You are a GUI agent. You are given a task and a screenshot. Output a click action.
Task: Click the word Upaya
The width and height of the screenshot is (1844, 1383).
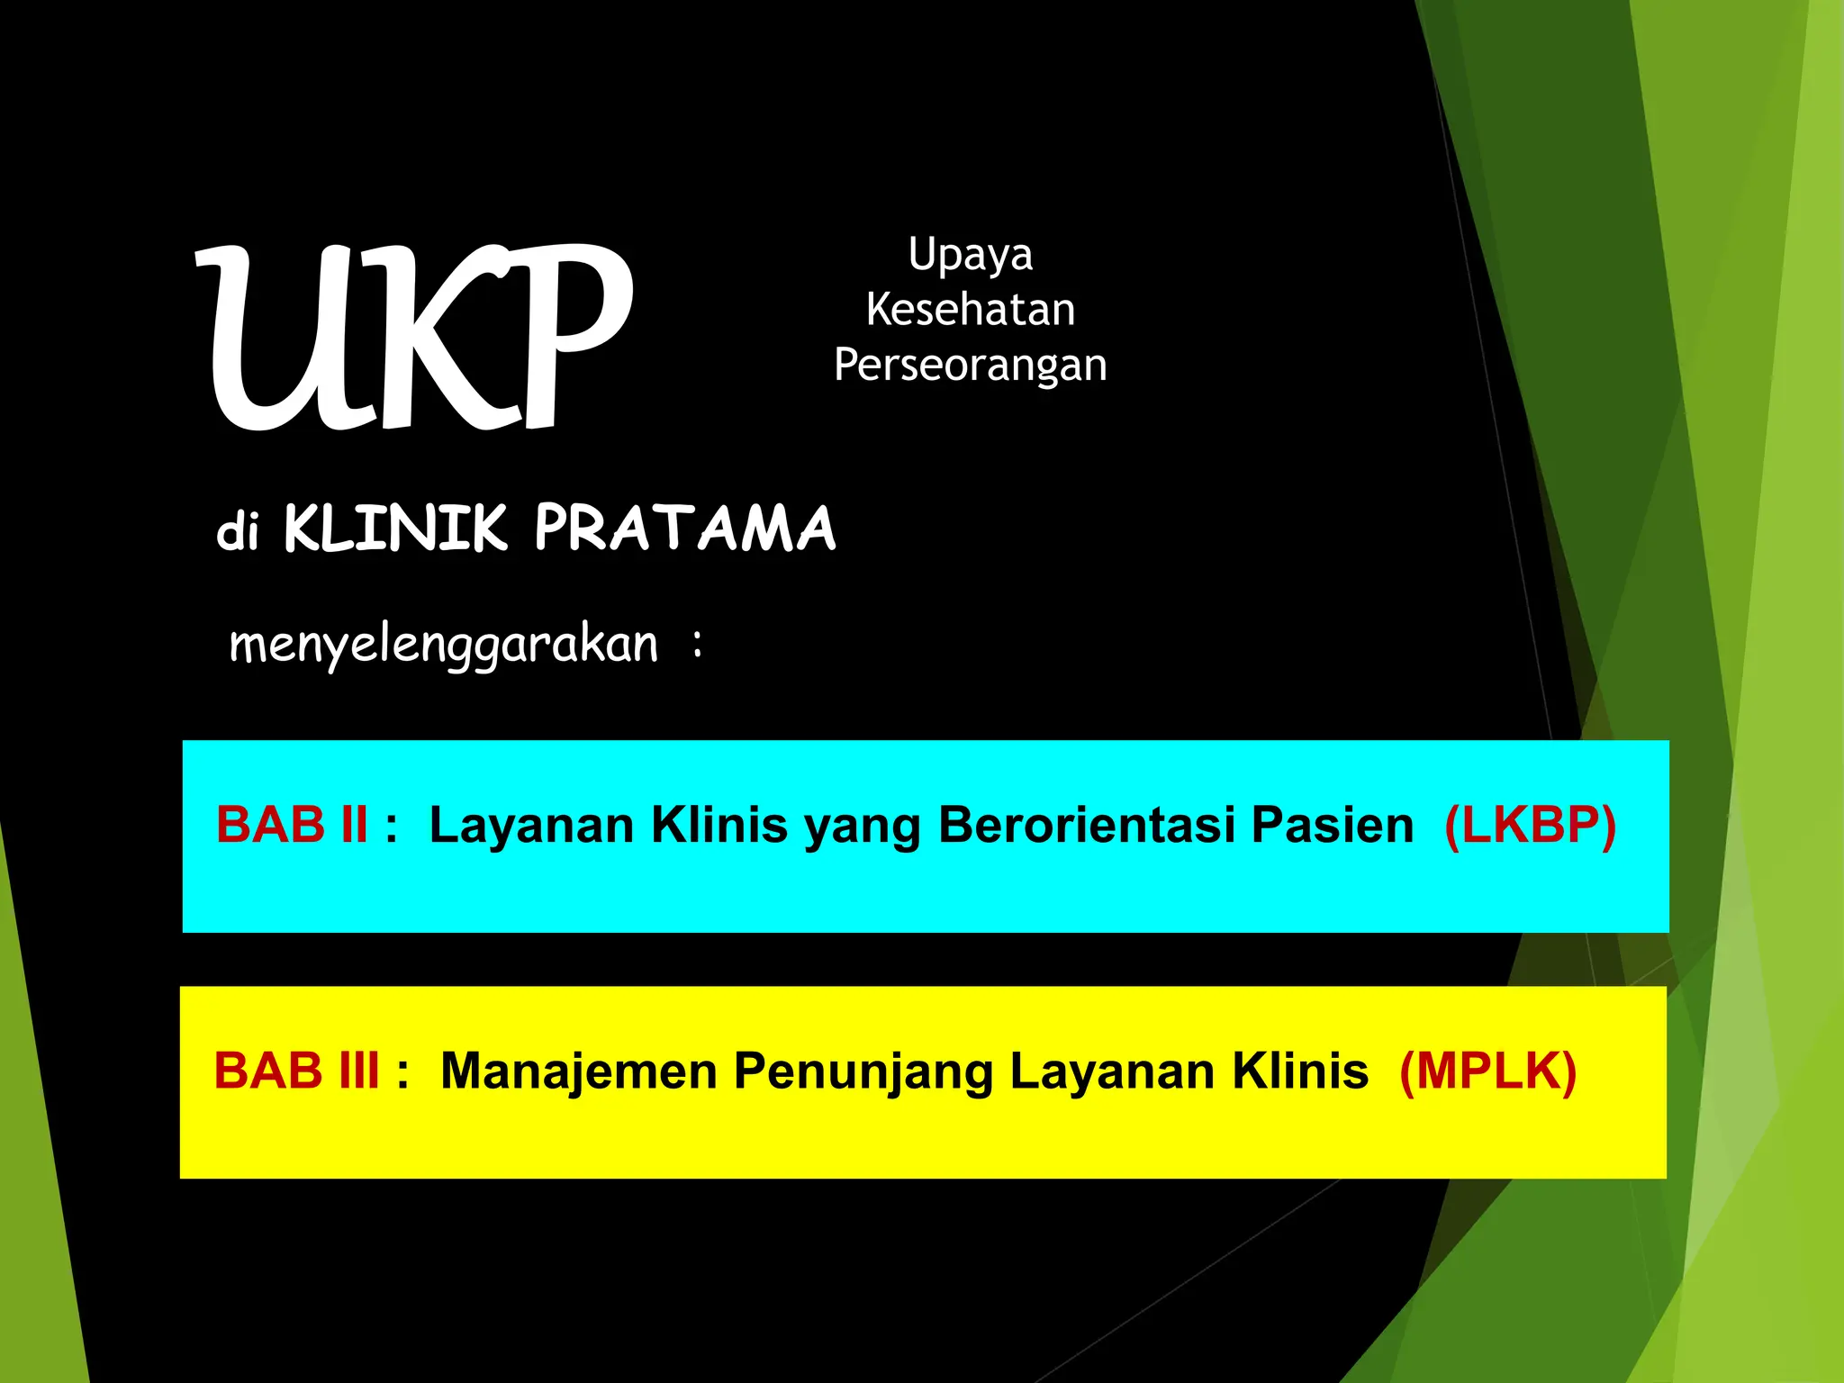[970, 256]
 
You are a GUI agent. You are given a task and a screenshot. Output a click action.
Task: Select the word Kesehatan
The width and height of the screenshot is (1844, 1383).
[970, 310]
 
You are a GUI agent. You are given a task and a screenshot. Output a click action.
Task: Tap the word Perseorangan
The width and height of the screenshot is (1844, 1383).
[970, 366]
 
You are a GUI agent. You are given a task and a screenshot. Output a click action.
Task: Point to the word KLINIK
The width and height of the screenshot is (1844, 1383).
[396, 529]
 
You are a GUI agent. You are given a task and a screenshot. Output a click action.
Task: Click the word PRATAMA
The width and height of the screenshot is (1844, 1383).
[684, 529]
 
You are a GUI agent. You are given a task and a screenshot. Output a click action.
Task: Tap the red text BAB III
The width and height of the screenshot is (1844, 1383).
[296, 1071]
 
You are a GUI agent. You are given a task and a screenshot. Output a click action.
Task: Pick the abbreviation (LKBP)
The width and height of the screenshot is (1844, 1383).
[1530, 825]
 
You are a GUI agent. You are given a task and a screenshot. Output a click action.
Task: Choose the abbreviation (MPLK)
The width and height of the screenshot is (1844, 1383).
[1487, 1071]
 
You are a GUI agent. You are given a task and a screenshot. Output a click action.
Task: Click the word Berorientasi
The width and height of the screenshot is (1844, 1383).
[1085, 825]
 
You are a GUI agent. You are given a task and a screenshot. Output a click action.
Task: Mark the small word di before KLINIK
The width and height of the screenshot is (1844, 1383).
[238, 531]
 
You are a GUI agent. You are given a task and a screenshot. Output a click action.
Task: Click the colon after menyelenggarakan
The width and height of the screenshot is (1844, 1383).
[698, 644]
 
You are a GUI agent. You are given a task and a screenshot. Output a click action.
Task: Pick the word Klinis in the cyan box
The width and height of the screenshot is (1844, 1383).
[719, 825]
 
